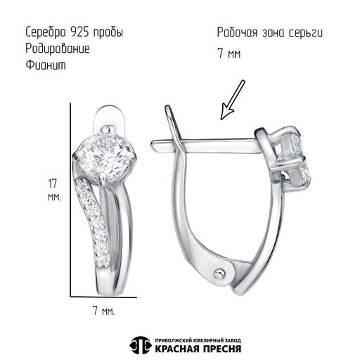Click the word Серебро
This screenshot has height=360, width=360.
tap(46, 32)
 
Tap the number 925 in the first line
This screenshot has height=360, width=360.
tap(79, 32)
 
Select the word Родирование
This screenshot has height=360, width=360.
tap(58, 49)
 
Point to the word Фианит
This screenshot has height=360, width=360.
tap(46, 65)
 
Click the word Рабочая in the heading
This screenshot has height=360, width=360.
tap(238, 32)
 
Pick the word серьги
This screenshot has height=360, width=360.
tap(306, 33)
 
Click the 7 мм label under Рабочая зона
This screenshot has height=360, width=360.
tap(229, 53)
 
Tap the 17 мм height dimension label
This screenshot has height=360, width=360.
tap(54, 190)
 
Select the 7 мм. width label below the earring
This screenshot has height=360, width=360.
tap(103, 311)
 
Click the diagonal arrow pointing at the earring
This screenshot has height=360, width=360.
tap(233, 100)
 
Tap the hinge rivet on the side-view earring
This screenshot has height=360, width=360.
tap(220, 273)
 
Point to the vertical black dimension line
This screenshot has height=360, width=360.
tap(70, 200)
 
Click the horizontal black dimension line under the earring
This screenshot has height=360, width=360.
tap(103, 297)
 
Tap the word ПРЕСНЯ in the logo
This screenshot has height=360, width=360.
tap(221, 349)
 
